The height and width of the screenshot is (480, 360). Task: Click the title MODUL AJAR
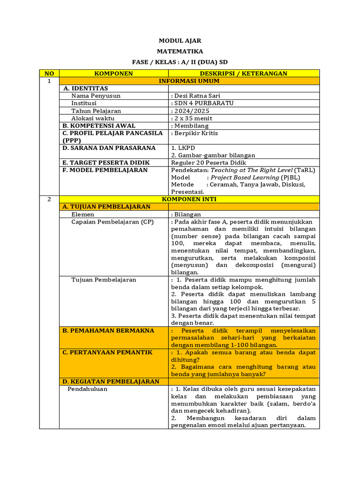pos(180,41)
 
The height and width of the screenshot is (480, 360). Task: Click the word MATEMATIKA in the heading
pos(180,52)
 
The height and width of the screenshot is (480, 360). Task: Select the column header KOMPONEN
pos(113,74)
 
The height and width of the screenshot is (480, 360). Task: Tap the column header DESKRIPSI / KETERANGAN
pos(243,74)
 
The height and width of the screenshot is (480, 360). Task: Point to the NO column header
pos(49,74)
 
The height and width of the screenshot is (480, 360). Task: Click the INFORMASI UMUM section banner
pos(189,81)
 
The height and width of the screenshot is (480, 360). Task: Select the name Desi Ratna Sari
pos(195,96)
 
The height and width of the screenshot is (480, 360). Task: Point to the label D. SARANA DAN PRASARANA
pos(109,148)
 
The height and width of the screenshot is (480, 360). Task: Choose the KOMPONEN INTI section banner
pos(189,199)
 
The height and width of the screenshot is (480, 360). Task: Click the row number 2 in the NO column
pos(49,199)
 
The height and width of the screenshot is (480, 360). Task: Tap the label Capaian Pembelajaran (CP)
pos(112,222)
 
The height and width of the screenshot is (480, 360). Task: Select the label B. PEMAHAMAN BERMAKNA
pos(108,330)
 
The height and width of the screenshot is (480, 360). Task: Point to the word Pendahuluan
pos(87,389)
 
